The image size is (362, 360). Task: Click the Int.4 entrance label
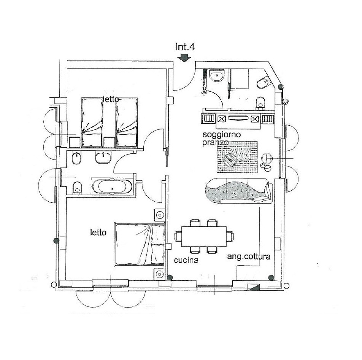point(185,47)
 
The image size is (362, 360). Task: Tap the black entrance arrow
point(184,58)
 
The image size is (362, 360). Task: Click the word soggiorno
point(218,134)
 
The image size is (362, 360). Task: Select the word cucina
point(186,260)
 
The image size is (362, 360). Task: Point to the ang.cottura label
point(249,257)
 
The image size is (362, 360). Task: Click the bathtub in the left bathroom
point(112,186)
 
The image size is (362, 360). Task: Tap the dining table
point(204,237)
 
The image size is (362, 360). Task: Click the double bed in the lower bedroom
point(140,244)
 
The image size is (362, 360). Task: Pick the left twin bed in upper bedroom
point(92,122)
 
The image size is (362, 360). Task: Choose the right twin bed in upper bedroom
point(127,122)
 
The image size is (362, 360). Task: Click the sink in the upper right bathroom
point(217,76)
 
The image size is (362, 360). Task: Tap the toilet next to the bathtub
point(77,187)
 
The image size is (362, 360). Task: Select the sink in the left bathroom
point(103,158)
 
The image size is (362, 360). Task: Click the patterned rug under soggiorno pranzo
point(237,156)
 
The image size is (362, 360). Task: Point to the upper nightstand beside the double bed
point(160,215)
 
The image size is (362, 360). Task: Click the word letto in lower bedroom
point(98,232)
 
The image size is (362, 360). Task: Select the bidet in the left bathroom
point(76,158)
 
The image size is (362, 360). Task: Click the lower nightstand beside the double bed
point(160,274)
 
